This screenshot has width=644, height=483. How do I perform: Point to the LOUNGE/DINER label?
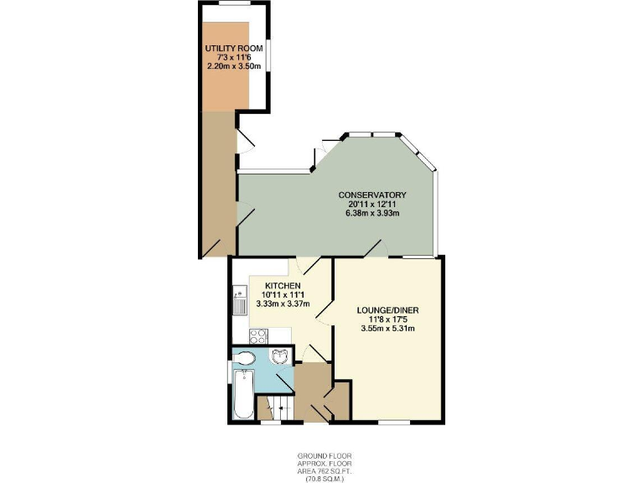click(387, 310)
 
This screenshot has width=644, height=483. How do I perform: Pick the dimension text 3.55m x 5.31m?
click(387, 329)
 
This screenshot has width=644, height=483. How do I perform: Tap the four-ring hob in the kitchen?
click(259, 336)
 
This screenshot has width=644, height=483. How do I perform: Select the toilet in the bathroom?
click(245, 360)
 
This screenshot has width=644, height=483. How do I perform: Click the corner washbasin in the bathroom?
click(280, 358)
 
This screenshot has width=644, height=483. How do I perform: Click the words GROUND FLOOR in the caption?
click(321, 456)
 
